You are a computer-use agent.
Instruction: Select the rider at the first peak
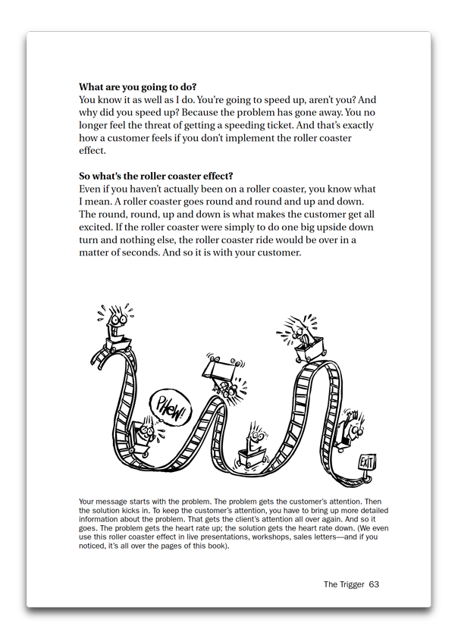click(x=114, y=324)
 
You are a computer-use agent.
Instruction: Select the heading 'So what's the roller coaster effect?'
click(x=155, y=176)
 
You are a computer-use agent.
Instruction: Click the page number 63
click(x=373, y=584)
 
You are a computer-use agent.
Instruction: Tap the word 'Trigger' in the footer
click(x=351, y=584)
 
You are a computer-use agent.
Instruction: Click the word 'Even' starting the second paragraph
click(x=92, y=189)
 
